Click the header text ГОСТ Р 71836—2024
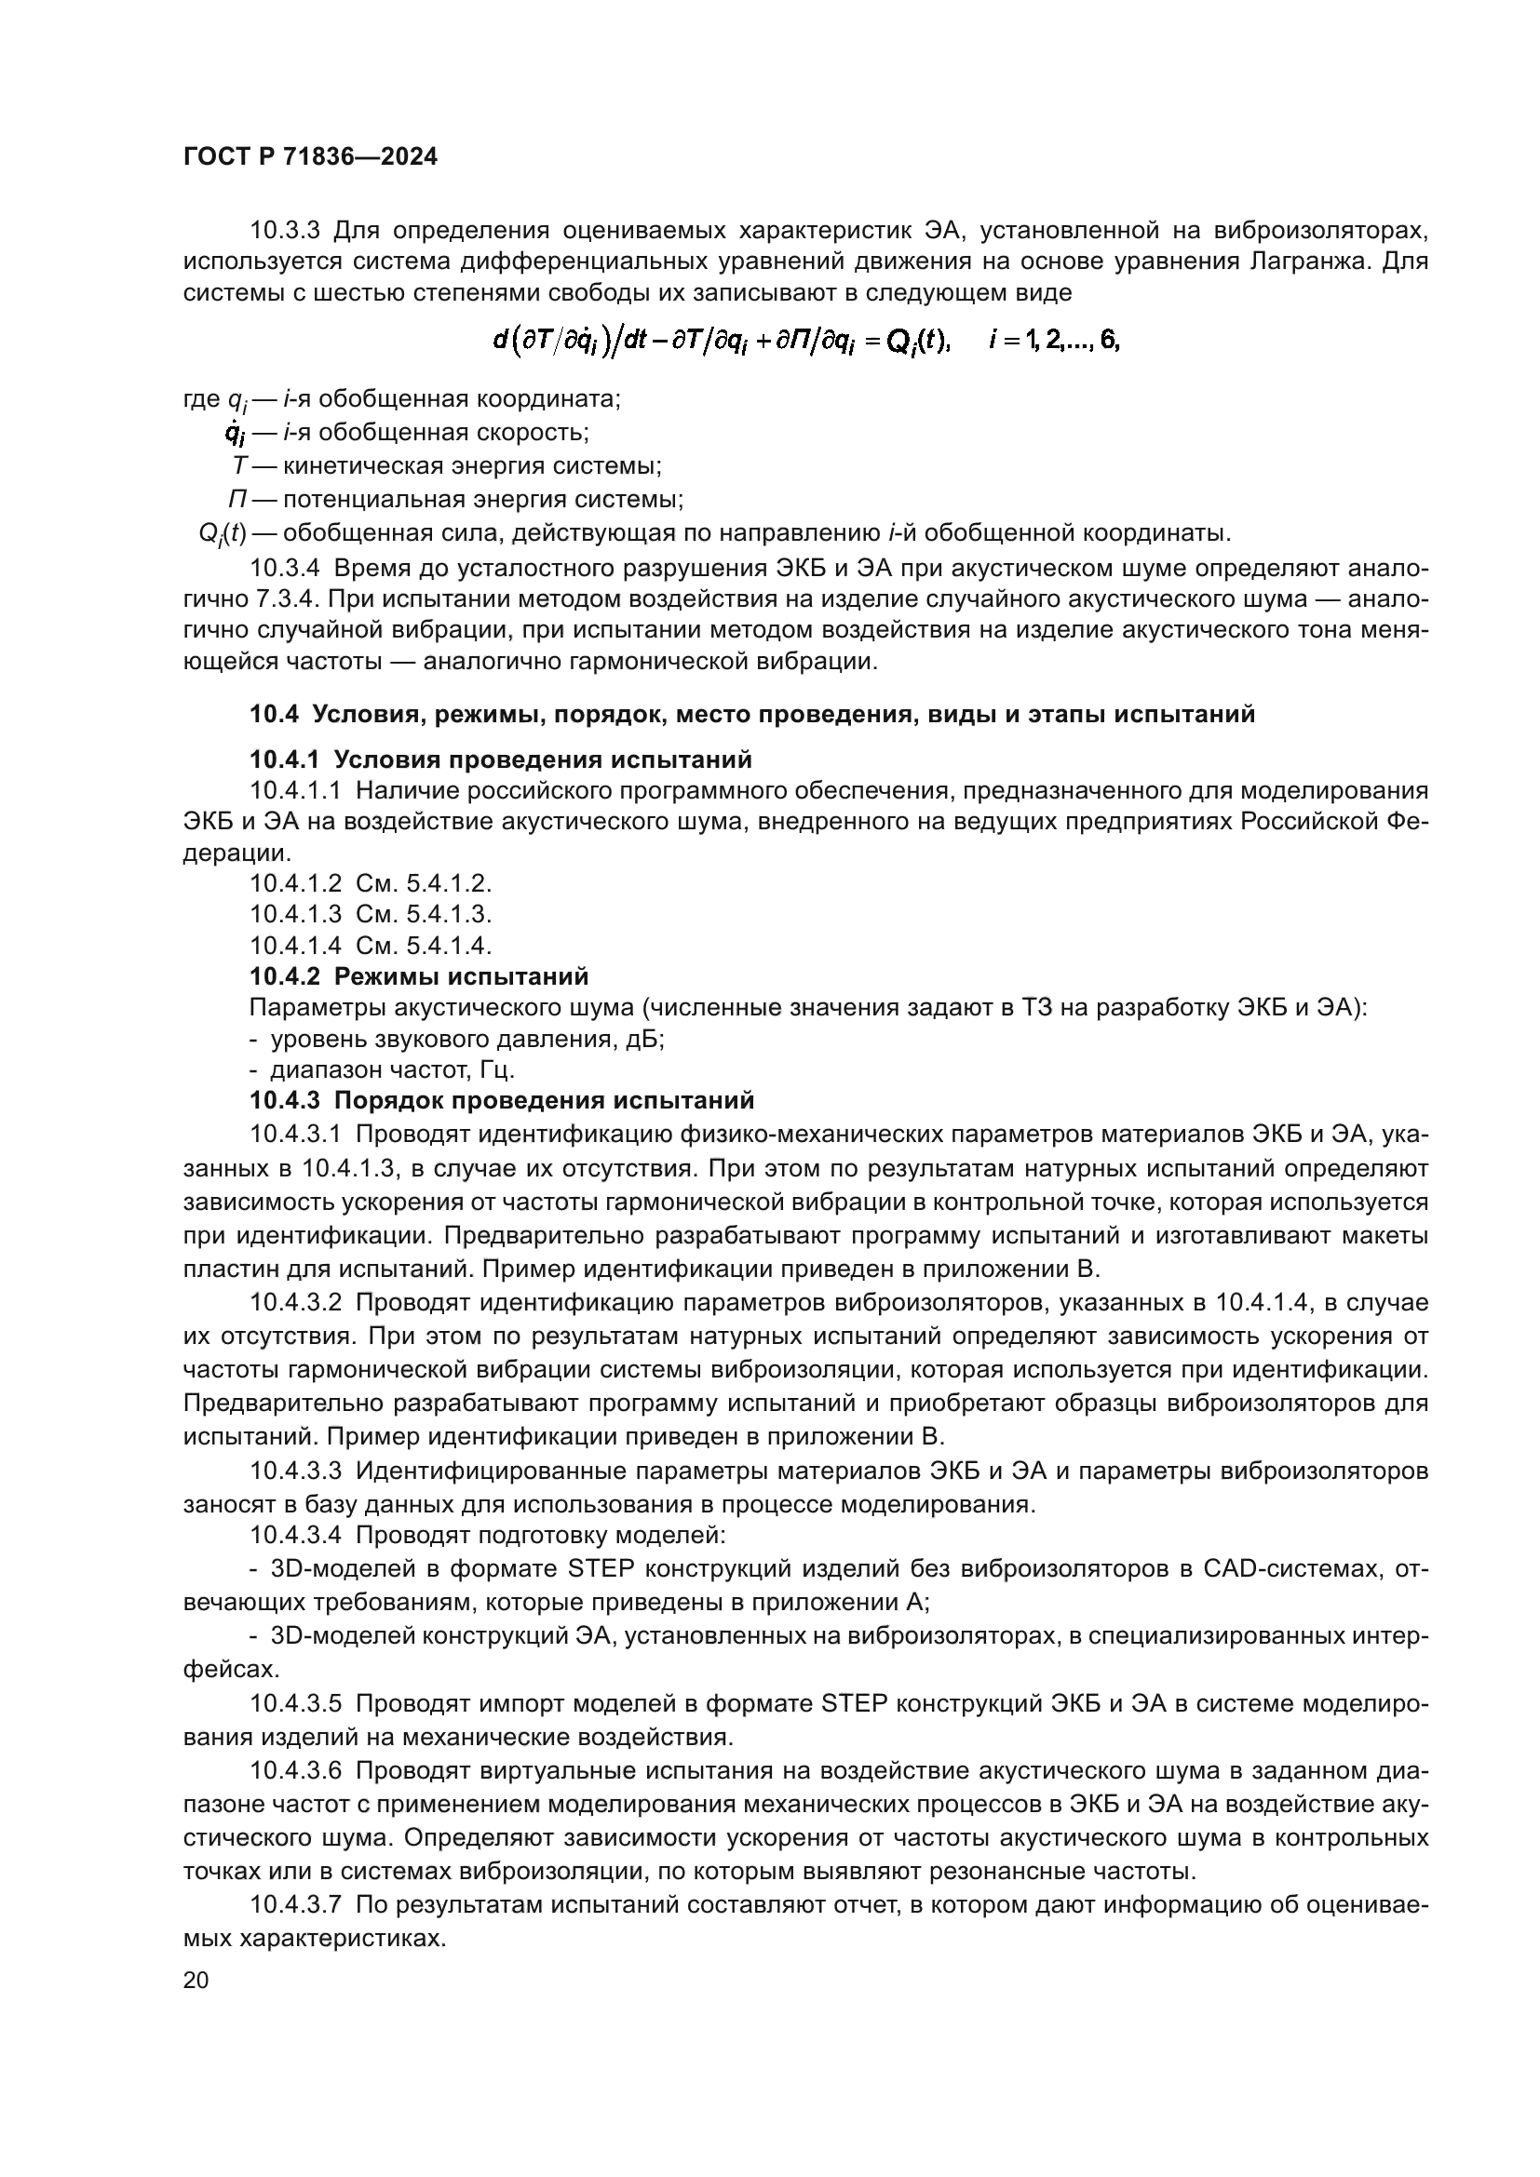tap(310, 157)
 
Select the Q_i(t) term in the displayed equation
tap(917, 342)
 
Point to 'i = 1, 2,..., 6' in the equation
tap(1054, 342)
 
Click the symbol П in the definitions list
tap(237, 500)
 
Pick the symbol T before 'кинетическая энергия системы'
tap(239, 466)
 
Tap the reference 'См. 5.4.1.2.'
tap(424, 883)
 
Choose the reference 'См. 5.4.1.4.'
tap(424, 946)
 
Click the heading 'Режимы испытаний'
tap(461, 976)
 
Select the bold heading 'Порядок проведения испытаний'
tap(545, 1101)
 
